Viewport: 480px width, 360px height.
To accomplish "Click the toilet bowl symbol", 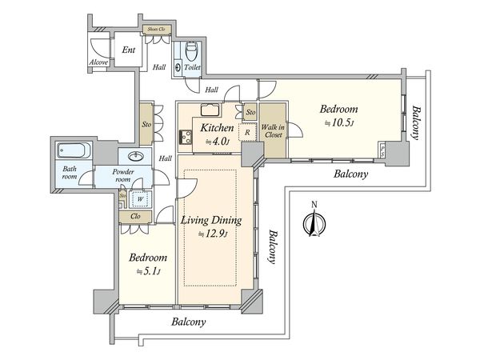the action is pos(192,51).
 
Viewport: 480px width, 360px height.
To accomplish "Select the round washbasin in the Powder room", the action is pos(136,157).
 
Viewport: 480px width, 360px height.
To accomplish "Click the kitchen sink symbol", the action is pos(210,110).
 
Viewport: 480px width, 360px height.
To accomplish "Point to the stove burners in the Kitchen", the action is pos(186,137).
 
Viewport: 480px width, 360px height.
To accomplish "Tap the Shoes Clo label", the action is pos(157,30).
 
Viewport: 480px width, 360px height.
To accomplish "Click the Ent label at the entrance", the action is pos(128,50).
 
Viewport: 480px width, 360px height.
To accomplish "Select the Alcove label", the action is pos(98,62).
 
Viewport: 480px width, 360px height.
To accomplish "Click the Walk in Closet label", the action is pos(273,130).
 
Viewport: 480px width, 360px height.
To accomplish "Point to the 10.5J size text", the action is pos(339,122).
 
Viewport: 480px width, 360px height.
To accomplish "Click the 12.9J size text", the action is pos(213,234).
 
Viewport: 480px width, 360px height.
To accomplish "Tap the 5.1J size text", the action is pos(149,271).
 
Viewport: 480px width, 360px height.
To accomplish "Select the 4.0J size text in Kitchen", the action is pos(217,141).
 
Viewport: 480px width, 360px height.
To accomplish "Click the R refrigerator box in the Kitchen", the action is pos(247,132).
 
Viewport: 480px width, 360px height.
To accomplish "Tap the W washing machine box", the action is pos(140,199).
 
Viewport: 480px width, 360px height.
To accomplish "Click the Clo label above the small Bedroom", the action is pos(135,216).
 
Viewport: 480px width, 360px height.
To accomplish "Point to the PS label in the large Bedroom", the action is pos(382,150).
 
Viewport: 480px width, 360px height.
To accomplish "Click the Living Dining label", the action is pos(211,221).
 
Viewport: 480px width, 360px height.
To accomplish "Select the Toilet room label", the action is pos(192,67).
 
